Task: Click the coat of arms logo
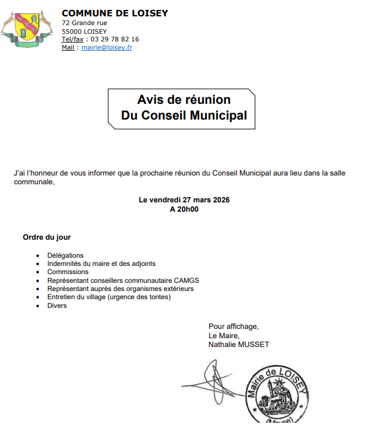26,29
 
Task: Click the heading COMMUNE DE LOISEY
115,13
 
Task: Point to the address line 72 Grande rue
84,23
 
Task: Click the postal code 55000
72,31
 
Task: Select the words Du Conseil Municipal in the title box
184,115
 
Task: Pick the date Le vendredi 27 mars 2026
184,200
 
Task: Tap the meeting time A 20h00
184,209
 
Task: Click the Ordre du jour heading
47,237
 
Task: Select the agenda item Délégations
65,255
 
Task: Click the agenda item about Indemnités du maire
102,264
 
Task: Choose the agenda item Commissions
68,272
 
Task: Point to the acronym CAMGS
186,281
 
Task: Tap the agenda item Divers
57,306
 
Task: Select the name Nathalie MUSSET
238,345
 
